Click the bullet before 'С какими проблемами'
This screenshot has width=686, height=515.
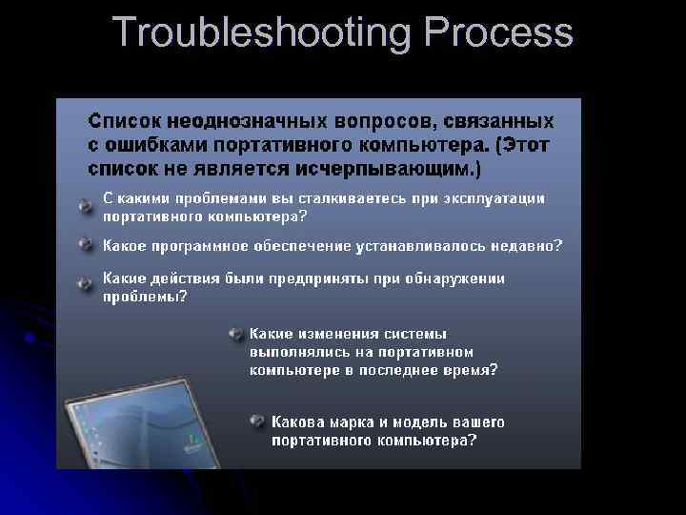(86, 205)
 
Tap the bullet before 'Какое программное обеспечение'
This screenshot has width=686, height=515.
(86, 244)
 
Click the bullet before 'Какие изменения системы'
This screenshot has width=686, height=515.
(234, 334)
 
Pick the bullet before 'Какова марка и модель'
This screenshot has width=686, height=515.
(256, 421)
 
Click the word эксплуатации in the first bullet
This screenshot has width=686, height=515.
(494, 198)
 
